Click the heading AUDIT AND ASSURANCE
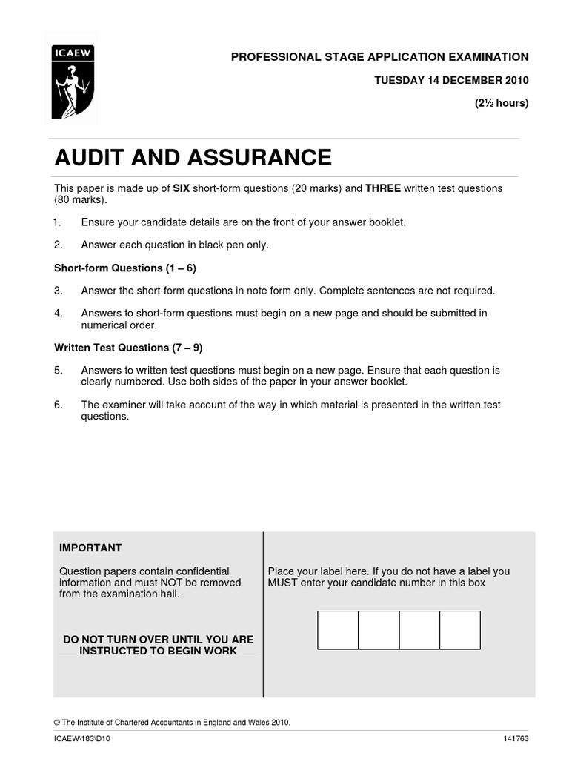pyautogui.click(x=193, y=158)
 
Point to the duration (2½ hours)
pyautogui.click(x=502, y=103)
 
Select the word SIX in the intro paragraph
pyautogui.click(x=182, y=189)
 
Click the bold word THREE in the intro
pyautogui.click(x=383, y=189)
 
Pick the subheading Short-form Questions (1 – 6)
pyautogui.click(x=124, y=268)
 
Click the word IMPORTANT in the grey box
pyautogui.click(x=90, y=548)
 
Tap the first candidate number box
pyautogui.click(x=338, y=630)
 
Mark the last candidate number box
pyautogui.click(x=460, y=630)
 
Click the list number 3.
pyautogui.click(x=58, y=291)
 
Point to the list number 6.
pyautogui.click(x=58, y=405)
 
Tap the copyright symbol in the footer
pyautogui.click(x=57, y=722)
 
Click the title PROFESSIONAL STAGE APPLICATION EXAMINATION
pyautogui.click(x=379, y=57)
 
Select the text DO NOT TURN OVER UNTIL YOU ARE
pyautogui.click(x=158, y=639)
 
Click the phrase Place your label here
pyautogui.click(x=314, y=571)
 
